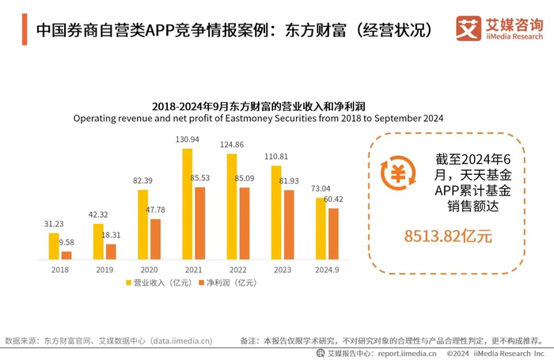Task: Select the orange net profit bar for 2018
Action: (66, 255)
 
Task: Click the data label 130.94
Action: (188, 139)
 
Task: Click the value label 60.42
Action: (334, 199)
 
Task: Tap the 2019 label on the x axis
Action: (104, 270)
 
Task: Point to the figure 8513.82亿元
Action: (448, 235)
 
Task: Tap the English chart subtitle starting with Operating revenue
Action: (257, 118)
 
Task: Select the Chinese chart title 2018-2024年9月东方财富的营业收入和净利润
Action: (257, 104)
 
